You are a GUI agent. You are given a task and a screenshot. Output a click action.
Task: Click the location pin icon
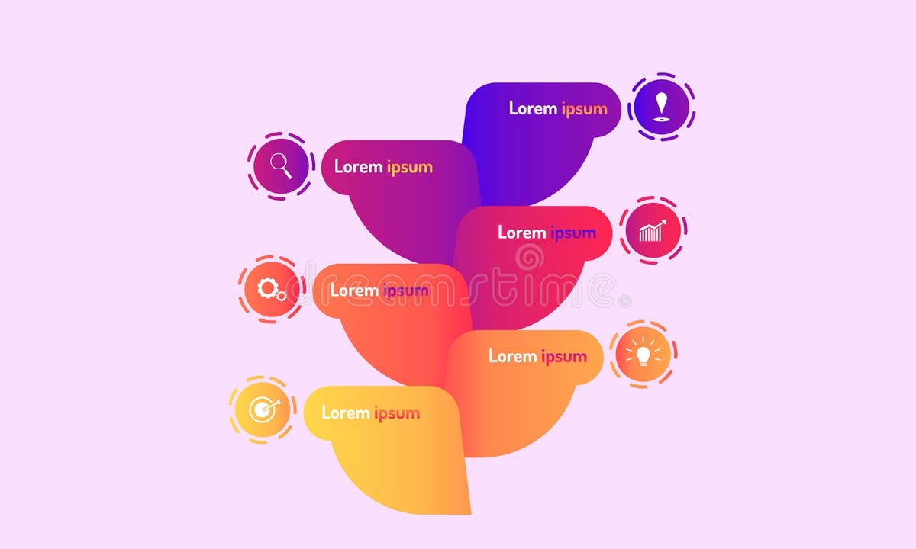(x=661, y=107)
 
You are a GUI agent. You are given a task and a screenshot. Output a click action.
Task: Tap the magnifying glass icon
(x=280, y=165)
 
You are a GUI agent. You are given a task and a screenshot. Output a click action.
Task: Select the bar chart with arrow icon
(x=652, y=230)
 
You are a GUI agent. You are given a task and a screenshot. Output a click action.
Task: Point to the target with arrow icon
(x=262, y=410)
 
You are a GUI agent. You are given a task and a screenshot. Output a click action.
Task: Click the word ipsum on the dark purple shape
(x=585, y=108)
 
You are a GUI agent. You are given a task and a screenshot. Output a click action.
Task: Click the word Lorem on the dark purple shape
(x=533, y=108)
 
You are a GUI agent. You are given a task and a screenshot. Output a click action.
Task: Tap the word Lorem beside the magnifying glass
(x=358, y=166)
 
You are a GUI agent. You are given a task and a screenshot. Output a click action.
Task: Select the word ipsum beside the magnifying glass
(x=410, y=167)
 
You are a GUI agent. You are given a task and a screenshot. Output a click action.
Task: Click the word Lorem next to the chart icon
(x=522, y=232)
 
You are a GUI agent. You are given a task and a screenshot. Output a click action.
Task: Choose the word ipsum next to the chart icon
(x=573, y=233)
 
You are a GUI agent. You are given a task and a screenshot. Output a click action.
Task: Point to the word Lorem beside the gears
(x=354, y=290)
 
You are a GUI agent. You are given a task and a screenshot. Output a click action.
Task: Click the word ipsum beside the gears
(x=405, y=291)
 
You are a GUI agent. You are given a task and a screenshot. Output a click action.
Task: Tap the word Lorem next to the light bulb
(x=513, y=355)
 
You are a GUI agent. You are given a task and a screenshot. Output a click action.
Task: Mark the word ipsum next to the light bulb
(x=564, y=356)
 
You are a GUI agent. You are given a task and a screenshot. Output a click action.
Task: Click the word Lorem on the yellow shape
(x=345, y=413)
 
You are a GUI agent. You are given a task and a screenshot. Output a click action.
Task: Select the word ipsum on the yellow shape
(x=397, y=413)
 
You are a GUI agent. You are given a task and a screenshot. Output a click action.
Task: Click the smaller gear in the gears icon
(x=281, y=296)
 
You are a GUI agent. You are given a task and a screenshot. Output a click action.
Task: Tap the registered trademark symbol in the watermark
(x=627, y=303)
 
